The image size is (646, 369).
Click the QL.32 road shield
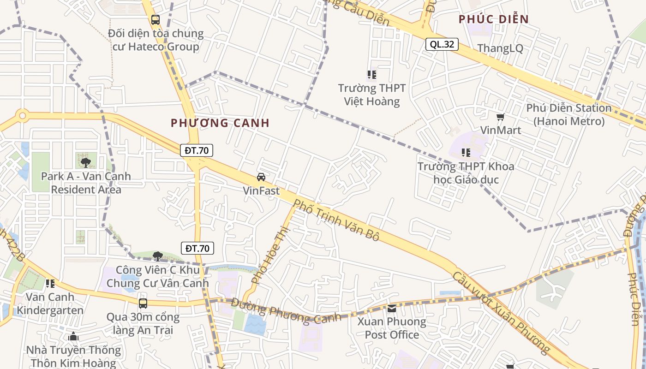[442, 44]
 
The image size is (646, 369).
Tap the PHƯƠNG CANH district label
[220, 123]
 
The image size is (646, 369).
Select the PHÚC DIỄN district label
[493, 19]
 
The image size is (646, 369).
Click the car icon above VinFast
[261, 177]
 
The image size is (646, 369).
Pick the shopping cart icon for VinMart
[500, 117]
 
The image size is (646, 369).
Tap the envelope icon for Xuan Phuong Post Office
[392, 308]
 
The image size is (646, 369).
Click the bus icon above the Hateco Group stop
[156, 20]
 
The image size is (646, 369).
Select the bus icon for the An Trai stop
[143, 303]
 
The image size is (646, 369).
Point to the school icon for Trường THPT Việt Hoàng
[371, 75]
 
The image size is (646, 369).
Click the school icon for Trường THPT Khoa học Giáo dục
[466, 152]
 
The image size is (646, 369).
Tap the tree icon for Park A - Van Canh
[85, 162]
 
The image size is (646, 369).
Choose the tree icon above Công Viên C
[158, 256]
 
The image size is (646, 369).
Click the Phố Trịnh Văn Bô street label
[336, 220]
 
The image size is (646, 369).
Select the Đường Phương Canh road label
[286, 311]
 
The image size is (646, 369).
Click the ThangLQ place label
[500, 48]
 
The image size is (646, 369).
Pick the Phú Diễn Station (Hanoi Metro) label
[568, 114]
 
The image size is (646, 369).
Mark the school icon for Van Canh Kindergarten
[50, 283]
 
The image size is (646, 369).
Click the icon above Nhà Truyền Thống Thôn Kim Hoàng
[73, 337]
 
